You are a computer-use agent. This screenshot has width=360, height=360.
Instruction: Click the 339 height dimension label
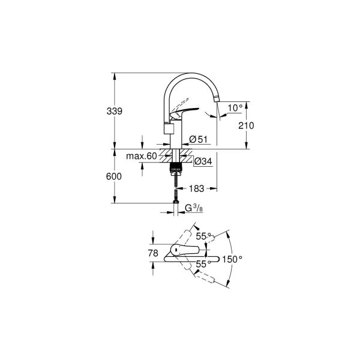(x=115, y=111)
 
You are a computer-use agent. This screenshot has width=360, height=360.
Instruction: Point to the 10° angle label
(x=236, y=107)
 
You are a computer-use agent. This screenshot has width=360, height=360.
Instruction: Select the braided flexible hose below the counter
(x=176, y=189)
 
